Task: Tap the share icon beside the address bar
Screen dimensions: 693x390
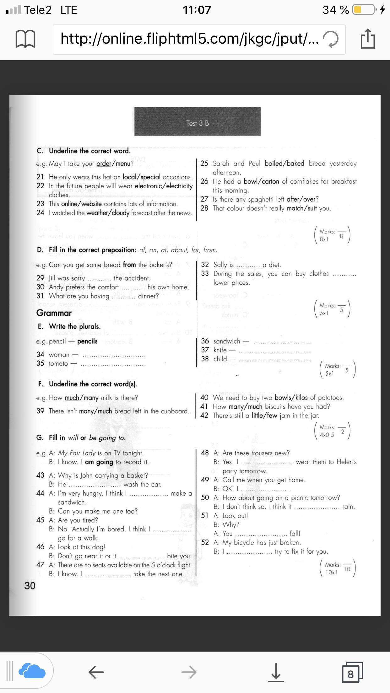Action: pyautogui.click(x=368, y=39)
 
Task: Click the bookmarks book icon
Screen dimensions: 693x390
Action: pyautogui.click(x=25, y=39)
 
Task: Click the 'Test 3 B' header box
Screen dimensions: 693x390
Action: pyautogui.click(x=198, y=122)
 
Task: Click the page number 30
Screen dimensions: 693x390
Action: pyautogui.click(x=30, y=586)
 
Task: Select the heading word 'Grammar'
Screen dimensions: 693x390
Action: pyautogui.click(x=54, y=313)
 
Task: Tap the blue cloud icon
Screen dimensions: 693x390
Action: pyautogui.click(x=32, y=672)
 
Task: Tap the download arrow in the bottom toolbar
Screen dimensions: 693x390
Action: pyautogui.click(x=276, y=672)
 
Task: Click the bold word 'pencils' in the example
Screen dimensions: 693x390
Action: pyautogui.click(x=87, y=341)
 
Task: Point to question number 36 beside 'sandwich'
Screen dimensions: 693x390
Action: pyautogui.click(x=205, y=341)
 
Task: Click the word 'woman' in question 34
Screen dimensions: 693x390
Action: pyautogui.click(x=59, y=355)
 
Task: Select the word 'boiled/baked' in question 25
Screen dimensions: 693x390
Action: pyautogui.click(x=284, y=164)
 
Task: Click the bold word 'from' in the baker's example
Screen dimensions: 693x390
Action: pyautogui.click(x=129, y=265)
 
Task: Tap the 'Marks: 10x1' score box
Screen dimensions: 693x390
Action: pyautogui.click(x=337, y=568)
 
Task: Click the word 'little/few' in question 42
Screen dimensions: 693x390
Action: pyautogui.click(x=264, y=416)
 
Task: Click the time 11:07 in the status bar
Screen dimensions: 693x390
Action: pyautogui.click(x=197, y=10)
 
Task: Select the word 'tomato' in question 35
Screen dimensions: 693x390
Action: pyautogui.click(x=58, y=364)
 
